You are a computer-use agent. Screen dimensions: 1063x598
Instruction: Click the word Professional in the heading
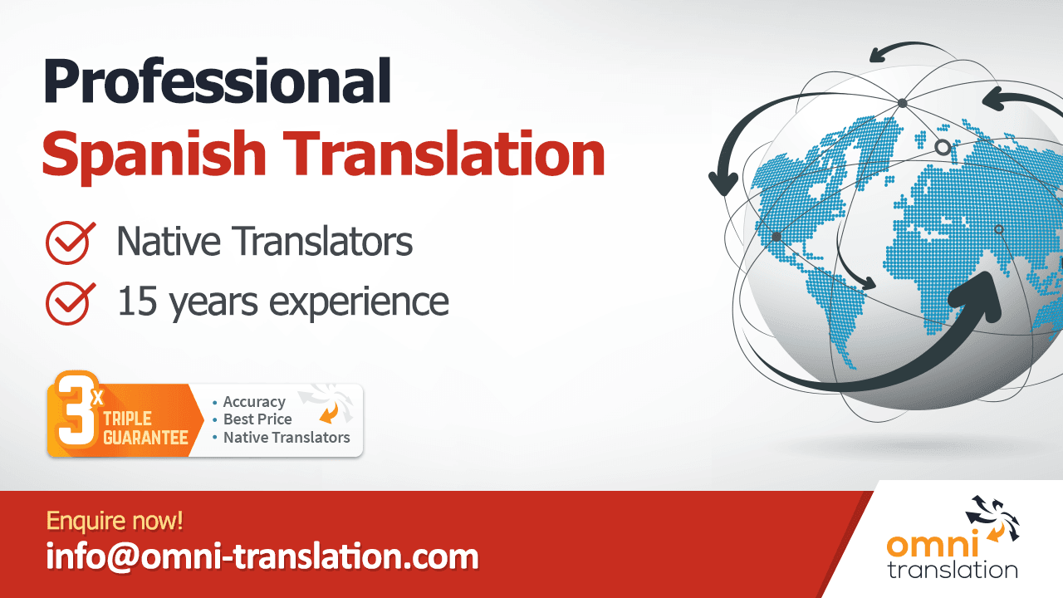point(218,82)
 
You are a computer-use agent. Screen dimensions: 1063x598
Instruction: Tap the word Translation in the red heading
point(444,152)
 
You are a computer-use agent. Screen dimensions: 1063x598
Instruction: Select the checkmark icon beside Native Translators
point(71,243)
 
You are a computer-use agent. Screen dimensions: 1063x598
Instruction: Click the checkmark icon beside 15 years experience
point(71,303)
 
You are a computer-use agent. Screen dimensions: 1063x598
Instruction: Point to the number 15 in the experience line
point(137,301)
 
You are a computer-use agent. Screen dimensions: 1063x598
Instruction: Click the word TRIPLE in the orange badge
point(127,419)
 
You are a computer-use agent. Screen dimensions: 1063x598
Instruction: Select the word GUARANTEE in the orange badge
point(145,438)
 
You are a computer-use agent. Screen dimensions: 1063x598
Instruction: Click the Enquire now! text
point(115,521)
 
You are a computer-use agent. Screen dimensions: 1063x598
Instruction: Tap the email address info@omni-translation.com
point(262,556)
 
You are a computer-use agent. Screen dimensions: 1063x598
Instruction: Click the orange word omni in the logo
point(932,544)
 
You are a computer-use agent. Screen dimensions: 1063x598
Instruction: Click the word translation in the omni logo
point(953,570)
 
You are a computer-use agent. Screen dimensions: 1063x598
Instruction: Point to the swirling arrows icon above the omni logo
point(992,518)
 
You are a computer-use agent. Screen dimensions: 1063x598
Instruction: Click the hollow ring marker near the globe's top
point(943,148)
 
